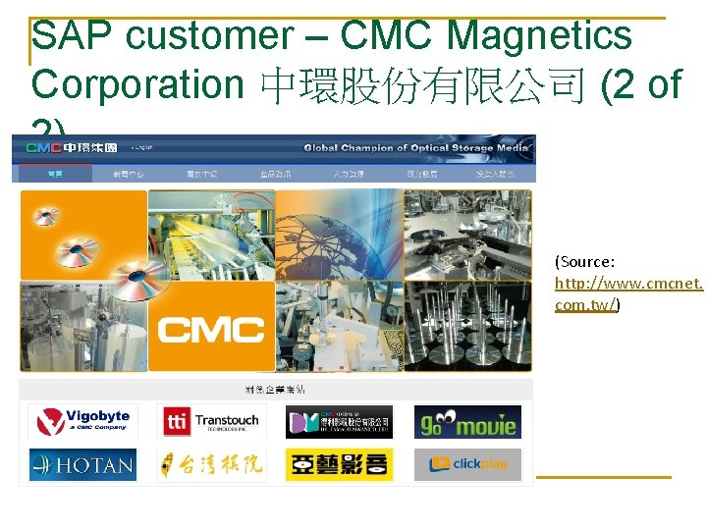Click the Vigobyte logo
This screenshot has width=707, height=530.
(82, 421)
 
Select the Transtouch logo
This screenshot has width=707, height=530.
(210, 421)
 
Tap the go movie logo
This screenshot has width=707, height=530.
(467, 422)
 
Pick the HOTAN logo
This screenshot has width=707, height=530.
(82, 464)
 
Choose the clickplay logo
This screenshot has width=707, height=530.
(467, 464)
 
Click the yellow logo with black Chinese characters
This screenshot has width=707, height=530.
(339, 464)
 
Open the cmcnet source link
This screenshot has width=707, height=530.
(628, 293)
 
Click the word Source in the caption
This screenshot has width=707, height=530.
(586, 262)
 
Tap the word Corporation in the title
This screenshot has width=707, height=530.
(137, 84)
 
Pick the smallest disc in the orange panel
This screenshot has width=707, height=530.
(43, 216)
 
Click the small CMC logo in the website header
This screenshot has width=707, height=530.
(44, 148)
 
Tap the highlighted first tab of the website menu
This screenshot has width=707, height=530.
(55, 173)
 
